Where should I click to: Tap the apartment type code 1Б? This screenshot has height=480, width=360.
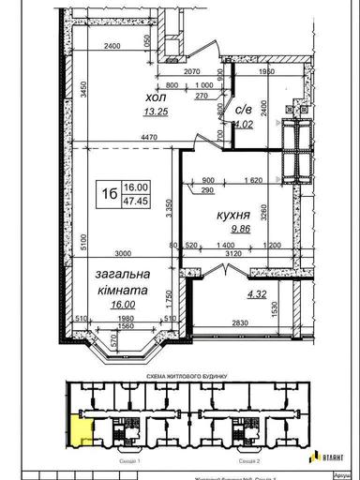click(x=110, y=193)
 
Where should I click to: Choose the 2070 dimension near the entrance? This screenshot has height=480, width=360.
click(x=193, y=71)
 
